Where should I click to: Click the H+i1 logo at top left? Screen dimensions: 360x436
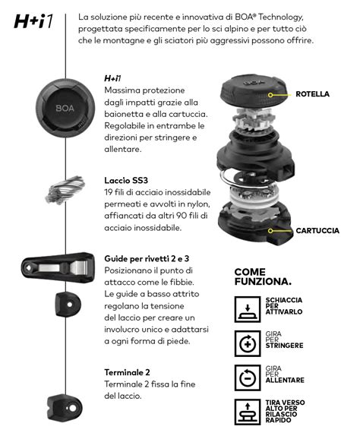(x=33, y=21)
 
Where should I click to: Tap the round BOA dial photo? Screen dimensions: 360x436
(x=65, y=108)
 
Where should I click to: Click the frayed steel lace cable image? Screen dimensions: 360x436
(x=65, y=190)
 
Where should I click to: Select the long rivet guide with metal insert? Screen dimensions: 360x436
(x=58, y=268)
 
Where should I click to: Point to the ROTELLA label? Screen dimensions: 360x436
(x=312, y=94)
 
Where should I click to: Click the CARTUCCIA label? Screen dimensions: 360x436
(x=317, y=230)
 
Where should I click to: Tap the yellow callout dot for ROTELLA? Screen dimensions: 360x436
(x=270, y=95)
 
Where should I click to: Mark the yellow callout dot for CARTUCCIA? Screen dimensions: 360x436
(x=270, y=231)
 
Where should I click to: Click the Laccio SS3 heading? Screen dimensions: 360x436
(x=126, y=181)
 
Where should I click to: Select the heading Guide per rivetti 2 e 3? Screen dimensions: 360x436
(x=147, y=258)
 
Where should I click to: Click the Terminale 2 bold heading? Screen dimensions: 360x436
(x=127, y=372)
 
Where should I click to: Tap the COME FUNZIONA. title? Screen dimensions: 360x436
(x=263, y=276)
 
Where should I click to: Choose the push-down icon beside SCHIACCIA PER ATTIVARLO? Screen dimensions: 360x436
(x=248, y=309)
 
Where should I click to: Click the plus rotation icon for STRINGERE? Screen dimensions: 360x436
(x=248, y=343)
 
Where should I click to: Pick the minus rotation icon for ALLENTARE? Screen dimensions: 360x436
(x=248, y=378)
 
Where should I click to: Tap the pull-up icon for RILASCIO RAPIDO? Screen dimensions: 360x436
(x=248, y=412)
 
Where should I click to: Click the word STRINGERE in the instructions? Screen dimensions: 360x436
(x=284, y=346)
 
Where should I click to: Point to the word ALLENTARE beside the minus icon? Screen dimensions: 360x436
(x=285, y=380)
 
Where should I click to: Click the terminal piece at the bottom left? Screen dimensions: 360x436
(x=65, y=408)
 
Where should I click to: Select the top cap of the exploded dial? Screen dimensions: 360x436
(x=253, y=90)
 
